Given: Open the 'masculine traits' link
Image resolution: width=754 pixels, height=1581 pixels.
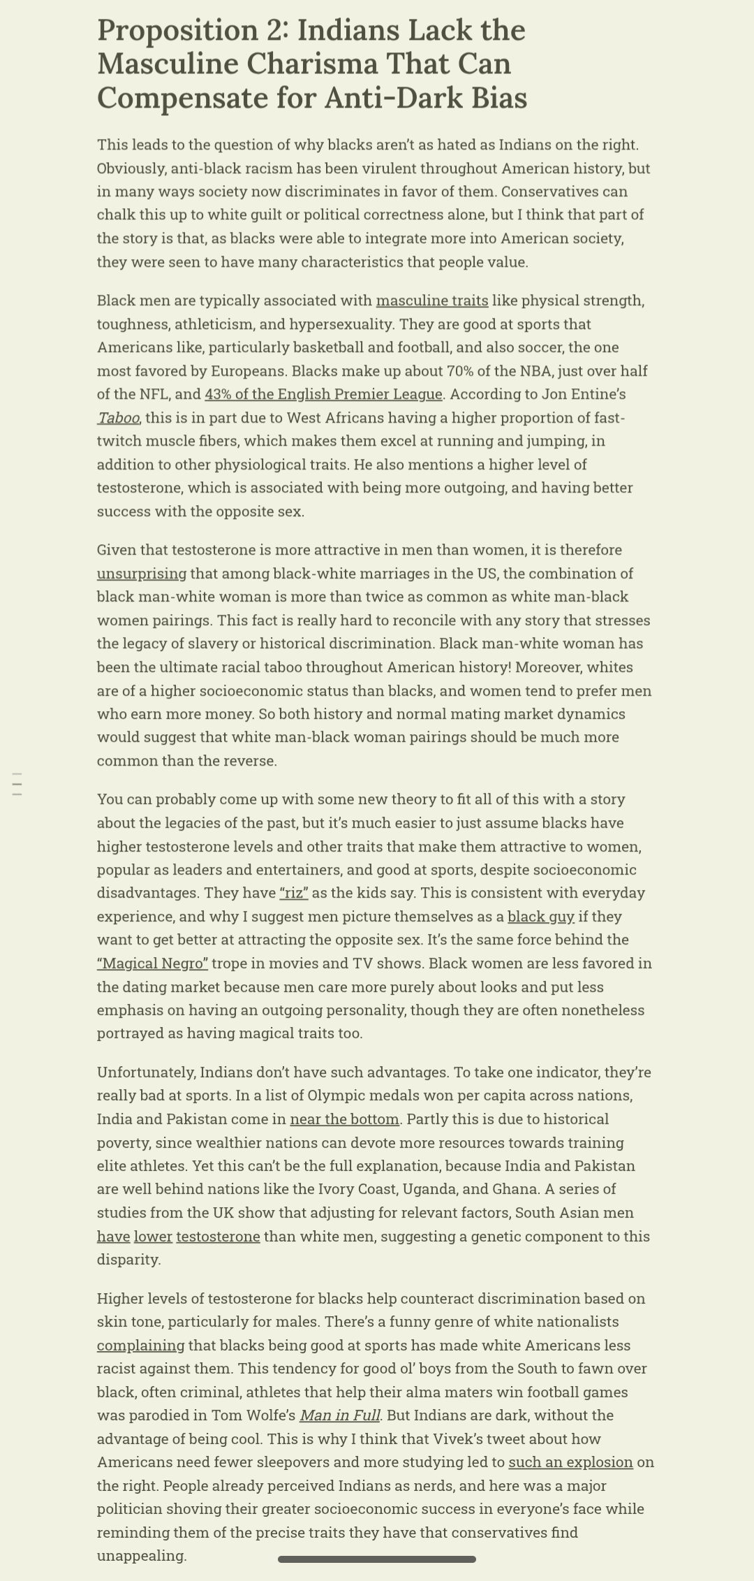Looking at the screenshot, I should tap(432, 301).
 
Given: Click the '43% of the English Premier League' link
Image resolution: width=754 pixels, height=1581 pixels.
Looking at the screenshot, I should tap(323, 395).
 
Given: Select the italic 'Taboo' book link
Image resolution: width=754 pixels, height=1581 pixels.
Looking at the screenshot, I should tap(118, 418).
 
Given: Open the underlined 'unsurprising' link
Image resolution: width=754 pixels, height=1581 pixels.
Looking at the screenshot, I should tap(142, 574).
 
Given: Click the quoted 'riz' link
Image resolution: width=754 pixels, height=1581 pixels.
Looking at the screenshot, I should tap(294, 894).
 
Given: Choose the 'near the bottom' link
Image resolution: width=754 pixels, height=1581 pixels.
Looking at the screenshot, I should tap(345, 1119).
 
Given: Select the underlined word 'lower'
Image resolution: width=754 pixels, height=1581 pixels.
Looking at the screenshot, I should tap(153, 1237).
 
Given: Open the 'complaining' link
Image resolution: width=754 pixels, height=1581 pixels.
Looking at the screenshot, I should tap(141, 1346).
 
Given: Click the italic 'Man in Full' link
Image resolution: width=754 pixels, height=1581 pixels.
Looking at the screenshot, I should tap(340, 1415).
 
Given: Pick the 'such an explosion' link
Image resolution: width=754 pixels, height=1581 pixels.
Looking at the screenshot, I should tap(570, 1462).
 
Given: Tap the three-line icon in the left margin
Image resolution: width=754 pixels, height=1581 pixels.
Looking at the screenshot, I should tap(17, 785).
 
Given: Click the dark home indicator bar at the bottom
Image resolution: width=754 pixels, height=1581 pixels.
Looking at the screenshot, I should tap(377, 1559).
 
